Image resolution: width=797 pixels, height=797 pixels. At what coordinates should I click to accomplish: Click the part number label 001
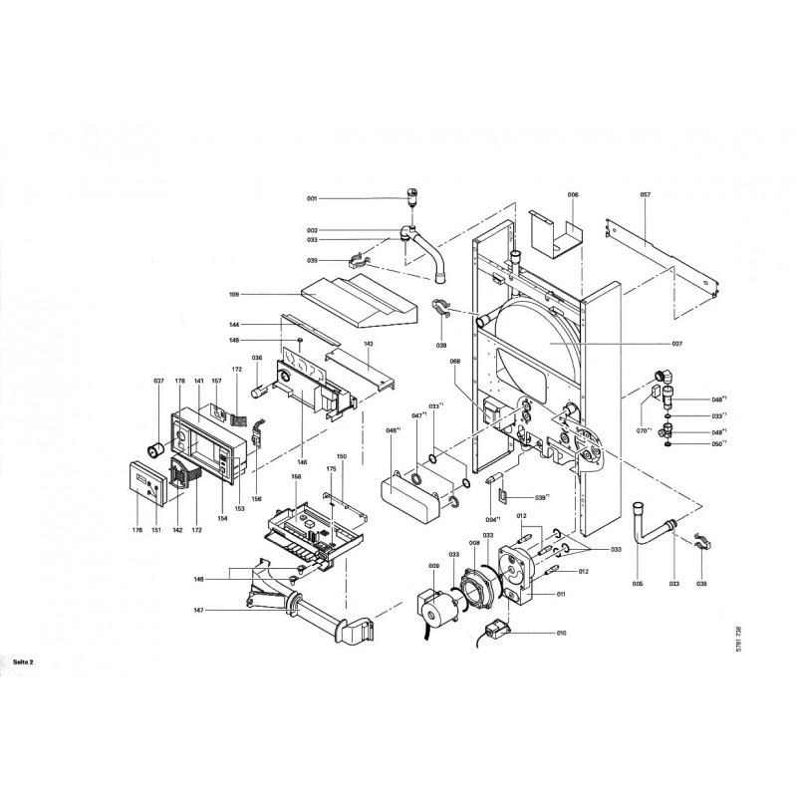[x=311, y=199]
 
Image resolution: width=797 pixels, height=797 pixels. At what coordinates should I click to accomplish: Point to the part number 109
[x=235, y=295]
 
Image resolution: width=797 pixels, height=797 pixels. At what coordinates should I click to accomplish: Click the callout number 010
[x=562, y=633]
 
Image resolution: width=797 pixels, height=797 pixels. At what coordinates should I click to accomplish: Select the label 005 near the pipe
[x=639, y=582]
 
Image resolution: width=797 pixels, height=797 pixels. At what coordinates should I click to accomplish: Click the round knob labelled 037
[x=155, y=443]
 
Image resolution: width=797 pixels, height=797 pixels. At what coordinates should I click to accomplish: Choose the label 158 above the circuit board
[x=296, y=477]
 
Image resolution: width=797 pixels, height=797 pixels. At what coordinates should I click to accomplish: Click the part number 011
[x=562, y=594]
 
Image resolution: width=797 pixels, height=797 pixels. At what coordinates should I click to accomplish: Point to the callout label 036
[x=256, y=359]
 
